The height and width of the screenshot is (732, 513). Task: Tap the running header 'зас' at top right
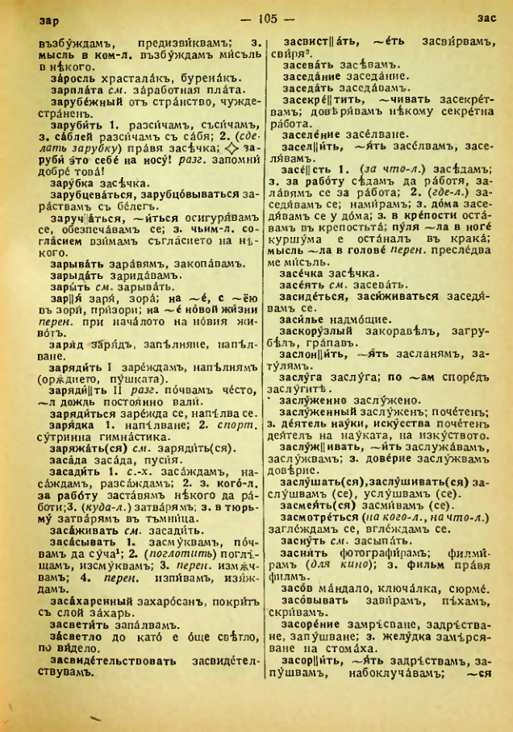486,18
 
